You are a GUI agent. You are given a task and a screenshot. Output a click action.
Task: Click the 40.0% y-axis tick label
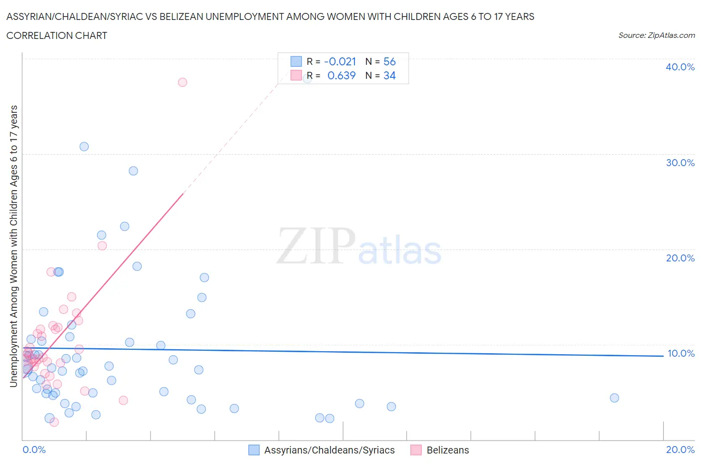tap(680, 67)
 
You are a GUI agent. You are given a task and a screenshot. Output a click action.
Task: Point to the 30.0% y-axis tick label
tap(680, 163)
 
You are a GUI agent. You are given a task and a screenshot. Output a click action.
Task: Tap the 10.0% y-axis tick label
tap(681, 353)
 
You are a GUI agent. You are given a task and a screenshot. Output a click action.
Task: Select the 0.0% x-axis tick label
tap(34, 450)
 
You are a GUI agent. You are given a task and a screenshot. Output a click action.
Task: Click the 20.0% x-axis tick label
tap(680, 450)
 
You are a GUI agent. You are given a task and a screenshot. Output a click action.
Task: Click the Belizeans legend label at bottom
tap(448, 450)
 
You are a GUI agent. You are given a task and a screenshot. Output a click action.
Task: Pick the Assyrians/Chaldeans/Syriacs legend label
tap(329, 450)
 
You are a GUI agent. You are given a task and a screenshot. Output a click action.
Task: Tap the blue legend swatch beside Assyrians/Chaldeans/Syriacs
tap(254, 450)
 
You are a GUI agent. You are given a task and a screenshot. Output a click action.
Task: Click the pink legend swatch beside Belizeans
tap(416, 450)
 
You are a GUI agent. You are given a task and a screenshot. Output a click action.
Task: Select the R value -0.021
tap(340, 62)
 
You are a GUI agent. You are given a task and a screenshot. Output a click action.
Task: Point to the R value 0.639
tap(341, 76)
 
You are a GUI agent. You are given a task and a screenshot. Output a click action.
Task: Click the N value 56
tap(389, 62)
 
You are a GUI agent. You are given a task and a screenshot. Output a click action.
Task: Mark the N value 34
tap(389, 76)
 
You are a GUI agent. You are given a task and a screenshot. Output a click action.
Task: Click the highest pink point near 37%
tap(182, 82)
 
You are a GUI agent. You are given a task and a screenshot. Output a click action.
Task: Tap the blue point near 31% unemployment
tap(84, 147)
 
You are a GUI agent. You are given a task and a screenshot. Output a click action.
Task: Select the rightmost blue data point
tap(614, 398)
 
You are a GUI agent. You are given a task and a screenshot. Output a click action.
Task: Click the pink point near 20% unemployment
tap(102, 245)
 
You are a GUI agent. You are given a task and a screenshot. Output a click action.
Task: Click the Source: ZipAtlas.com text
tap(656, 35)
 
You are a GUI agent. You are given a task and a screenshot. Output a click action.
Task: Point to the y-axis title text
tap(13, 246)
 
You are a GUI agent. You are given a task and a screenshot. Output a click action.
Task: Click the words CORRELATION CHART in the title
tap(57, 35)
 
